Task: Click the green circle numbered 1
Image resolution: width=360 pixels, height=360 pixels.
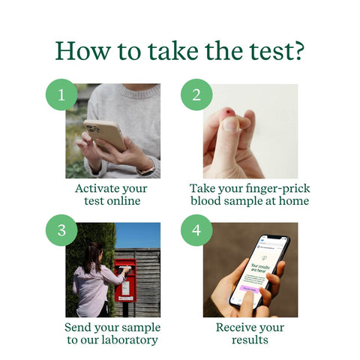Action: tap(61, 95)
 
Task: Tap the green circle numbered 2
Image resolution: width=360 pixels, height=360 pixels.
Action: tap(196, 95)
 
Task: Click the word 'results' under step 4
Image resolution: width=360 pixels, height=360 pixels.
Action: tap(250, 340)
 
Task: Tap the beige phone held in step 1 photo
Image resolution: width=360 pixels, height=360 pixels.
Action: tap(105, 136)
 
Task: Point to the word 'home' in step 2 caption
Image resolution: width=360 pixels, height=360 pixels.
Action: tap(292, 201)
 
